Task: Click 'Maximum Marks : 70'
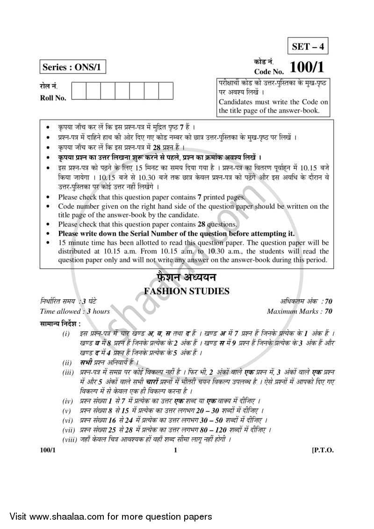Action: tap(300, 312)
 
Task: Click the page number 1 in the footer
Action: tap(175, 450)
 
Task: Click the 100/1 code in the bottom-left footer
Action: tap(48, 450)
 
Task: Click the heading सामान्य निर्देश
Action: tap(60, 323)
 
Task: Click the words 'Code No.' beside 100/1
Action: tap(269, 72)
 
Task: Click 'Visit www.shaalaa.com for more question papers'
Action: tap(107, 516)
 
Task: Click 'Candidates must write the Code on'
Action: tap(273, 101)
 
